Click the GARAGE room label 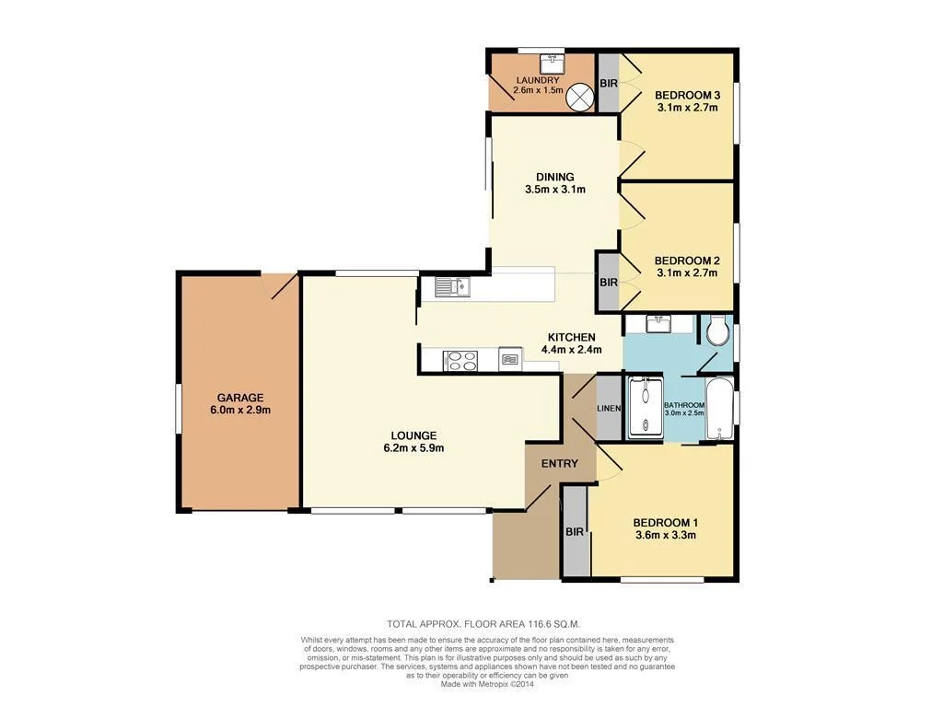[240, 398]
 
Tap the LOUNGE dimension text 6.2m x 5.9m [413, 449]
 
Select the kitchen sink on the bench [452, 287]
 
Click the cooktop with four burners [461, 361]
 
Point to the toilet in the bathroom [716, 330]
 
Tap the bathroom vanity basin [658, 323]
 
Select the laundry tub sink [553, 64]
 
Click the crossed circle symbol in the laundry [579, 97]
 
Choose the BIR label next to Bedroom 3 [608, 84]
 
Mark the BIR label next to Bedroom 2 [608, 283]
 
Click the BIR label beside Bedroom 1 [575, 532]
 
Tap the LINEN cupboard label [608, 408]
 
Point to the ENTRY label [559, 463]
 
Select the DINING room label [554, 177]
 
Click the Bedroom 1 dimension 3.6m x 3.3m [664, 535]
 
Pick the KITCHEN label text [572, 337]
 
